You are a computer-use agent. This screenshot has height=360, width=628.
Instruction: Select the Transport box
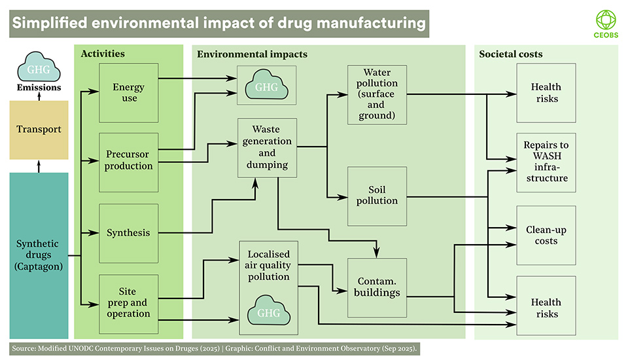point(39,129)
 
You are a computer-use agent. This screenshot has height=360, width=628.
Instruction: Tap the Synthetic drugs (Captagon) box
point(39,255)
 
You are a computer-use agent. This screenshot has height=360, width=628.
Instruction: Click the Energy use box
point(129,92)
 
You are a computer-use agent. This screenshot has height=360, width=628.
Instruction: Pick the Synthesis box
point(129,232)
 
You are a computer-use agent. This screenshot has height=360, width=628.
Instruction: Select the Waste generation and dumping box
point(267,147)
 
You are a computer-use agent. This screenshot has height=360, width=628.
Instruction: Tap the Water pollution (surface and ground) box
point(377,94)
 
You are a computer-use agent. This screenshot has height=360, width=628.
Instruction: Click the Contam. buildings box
point(377,287)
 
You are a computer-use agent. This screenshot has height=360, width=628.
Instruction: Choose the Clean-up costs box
point(546,235)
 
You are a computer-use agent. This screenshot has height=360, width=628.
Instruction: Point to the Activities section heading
point(103,53)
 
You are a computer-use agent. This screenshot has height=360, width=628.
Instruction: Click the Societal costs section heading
point(511,53)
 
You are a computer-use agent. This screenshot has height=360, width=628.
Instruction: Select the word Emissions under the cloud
point(39,87)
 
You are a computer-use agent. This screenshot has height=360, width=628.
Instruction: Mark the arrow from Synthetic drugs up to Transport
point(39,166)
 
